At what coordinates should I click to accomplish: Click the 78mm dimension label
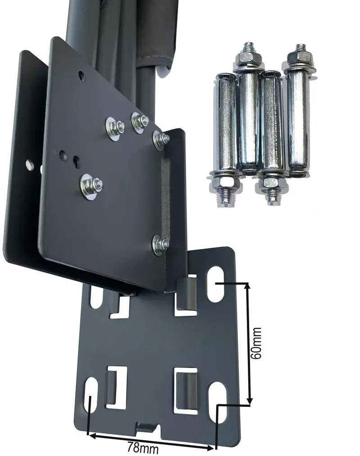(x=143, y=448)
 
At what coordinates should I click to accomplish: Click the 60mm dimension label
(x=256, y=343)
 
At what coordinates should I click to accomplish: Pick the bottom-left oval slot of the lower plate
(x=91, y=396)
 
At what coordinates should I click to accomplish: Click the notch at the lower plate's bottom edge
(x=148, y=428)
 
